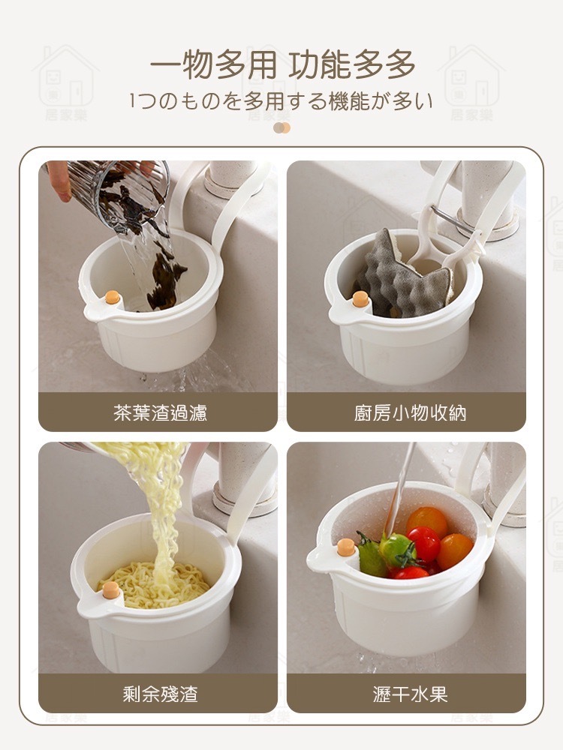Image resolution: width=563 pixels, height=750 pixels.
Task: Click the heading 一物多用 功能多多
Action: pos(282,64)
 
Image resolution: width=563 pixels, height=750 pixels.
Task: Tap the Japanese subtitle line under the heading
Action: pos(281,101)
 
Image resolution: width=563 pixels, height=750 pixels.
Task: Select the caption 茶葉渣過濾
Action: pos(161,412)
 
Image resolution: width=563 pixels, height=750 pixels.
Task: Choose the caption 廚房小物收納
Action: pos(410,412)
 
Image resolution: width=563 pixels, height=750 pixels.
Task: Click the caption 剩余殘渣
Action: pos(161,694)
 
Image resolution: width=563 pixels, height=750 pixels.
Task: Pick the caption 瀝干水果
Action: pos(410,694)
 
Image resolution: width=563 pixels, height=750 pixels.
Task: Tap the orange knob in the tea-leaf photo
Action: pos(113,297)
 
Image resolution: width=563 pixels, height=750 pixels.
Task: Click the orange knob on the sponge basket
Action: pos(360,299)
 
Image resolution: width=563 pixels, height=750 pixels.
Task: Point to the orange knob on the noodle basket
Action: pos(111,589)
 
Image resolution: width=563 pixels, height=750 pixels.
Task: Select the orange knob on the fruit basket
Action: pos(345,547)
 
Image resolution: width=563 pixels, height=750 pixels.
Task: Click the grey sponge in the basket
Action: pos(405,276)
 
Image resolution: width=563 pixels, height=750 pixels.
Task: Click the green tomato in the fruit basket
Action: pos(396,550)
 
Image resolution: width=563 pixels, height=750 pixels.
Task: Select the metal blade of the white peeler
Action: pos(447,218)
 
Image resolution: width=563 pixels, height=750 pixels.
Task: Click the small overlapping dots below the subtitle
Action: pos(281,127)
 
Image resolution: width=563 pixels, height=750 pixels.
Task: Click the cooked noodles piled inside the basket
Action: pos(153,584)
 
